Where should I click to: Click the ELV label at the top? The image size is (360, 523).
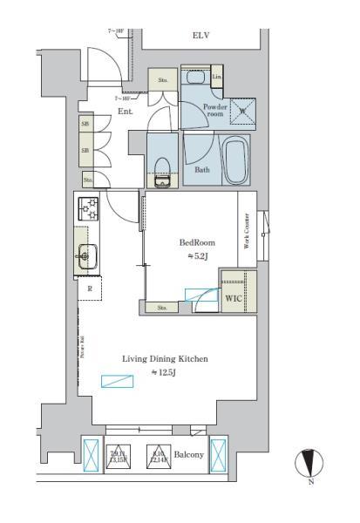(200, 37)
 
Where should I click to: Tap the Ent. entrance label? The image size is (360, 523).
(125, 112)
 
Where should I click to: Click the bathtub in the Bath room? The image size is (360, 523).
(235, 160)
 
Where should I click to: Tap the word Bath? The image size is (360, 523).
(202, 169)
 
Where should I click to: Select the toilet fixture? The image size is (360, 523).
(162, 169)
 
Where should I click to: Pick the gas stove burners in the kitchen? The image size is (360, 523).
(89, 209)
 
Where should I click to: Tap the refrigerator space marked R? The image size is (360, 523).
(89, 288)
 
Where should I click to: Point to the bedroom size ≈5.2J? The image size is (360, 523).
(197, 255)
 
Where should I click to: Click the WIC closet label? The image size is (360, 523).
(233, 298)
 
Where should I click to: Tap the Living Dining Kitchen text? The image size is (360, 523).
(165, 359)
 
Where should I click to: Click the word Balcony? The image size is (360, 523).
(188, 455)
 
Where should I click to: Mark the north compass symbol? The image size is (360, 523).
(310, 462)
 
